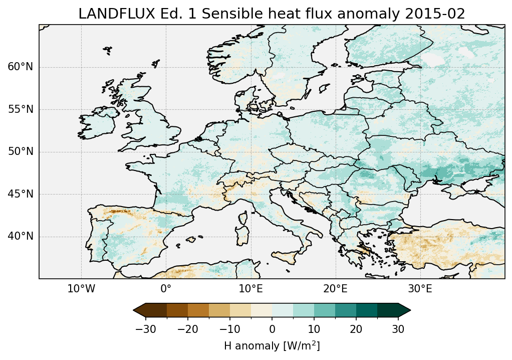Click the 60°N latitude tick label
[20, 67]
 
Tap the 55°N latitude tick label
[20, 109]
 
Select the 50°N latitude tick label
[20, 151]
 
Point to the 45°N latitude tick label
[20, 194]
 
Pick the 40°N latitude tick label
[20, 236]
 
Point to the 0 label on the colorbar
[272, 329]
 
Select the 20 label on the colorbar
[356, 329]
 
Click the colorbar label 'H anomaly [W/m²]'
[272, 345]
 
